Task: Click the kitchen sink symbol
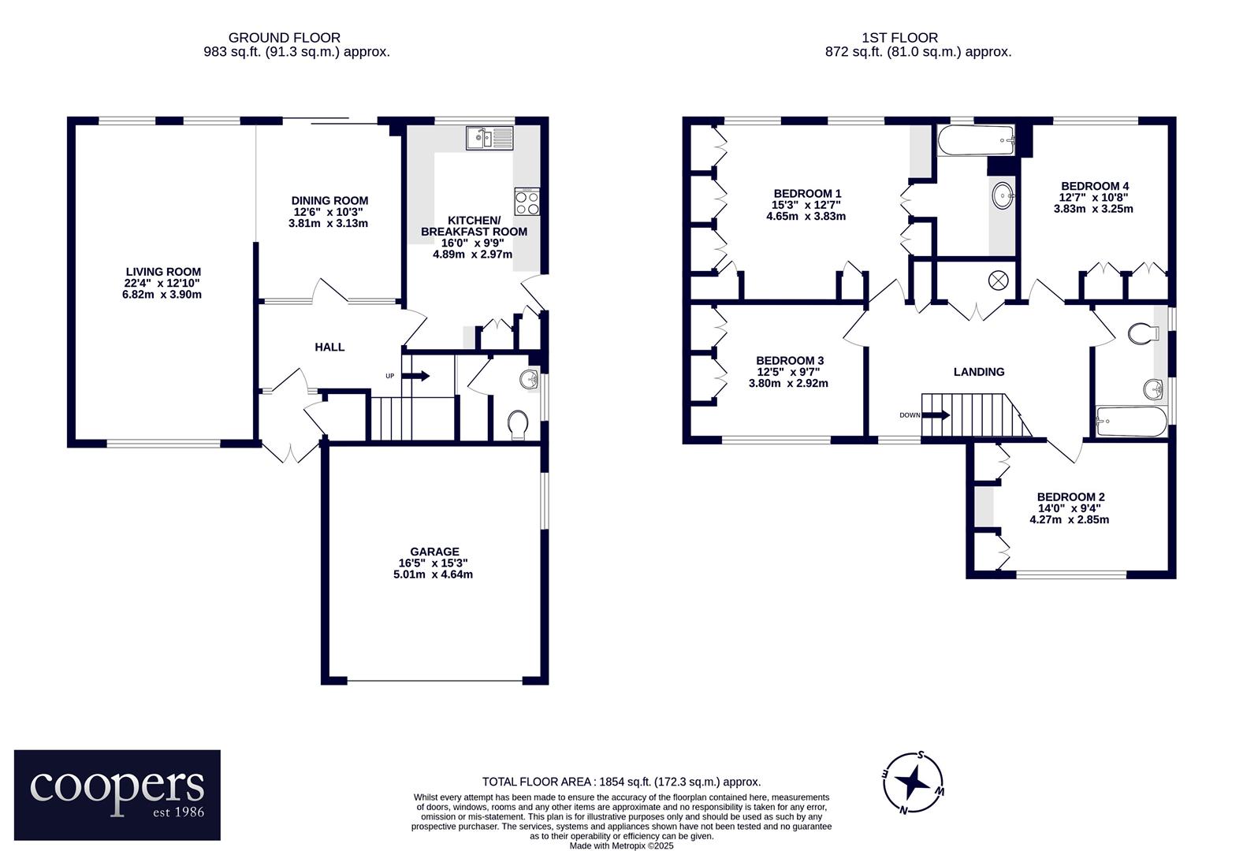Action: point(490,138)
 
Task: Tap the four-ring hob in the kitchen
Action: point(527,202)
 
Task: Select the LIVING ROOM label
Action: point(163,272)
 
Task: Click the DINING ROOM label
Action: point(329,201)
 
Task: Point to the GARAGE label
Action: point(434,552)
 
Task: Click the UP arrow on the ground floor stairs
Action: point(415,376)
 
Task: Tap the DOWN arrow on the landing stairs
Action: point(936,414)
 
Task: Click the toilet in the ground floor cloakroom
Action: point(518,425)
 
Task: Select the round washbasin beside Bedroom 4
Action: point(1003,195)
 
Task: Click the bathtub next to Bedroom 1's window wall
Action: point(976,139)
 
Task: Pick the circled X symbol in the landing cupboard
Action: point(999,281)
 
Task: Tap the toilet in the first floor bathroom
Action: point(1144,333)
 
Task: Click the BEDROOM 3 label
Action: point(790,361)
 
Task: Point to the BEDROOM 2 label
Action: point(1071,497)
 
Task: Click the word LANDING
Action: point(979,372)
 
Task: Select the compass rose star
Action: point(913,782)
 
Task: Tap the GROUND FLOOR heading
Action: point(284,38)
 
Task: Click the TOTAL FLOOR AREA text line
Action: point(621,782)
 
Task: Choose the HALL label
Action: point(329,347)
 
